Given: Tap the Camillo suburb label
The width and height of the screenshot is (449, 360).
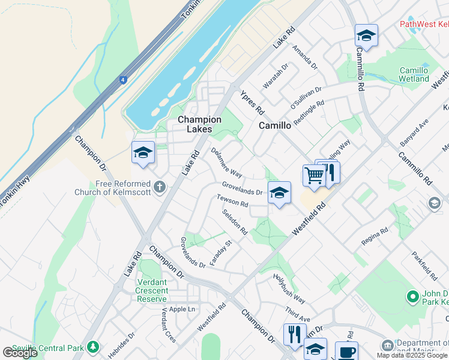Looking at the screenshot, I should pyautogui.click(x=275, y=125).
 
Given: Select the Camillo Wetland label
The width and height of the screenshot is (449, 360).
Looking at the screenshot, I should pyautogui.click(x=414, y=74).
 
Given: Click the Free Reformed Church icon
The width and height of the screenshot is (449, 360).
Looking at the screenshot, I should pyautogui.click(x=160, y=187).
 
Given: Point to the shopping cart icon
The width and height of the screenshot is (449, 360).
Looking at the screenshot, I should pyautogui.click(x=314, y=176).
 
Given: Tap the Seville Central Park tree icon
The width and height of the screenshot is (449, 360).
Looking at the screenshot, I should pyautogui.click(x=92, y=347).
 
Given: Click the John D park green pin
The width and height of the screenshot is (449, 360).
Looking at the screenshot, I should pyautogui.click(x=412, y=296).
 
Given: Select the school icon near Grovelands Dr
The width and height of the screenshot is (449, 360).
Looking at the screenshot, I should pyautogui.click(x=279, y=193).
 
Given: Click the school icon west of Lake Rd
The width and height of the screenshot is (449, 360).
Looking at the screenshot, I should pyautogui.click(x=143, y=153).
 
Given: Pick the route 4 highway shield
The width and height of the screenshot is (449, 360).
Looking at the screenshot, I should pyautogui.click(x=122, y=79).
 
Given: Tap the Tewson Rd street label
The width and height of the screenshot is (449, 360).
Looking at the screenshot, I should pyautogui.click(x=232, y=201).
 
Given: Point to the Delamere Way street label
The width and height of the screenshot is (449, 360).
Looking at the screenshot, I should pyautogui.click(x=226, y=163).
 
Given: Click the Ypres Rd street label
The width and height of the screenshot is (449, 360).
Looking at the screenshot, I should pyautogui.click(x=252, y=103).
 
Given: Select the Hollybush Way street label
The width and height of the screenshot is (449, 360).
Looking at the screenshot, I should pyautogui.click(x=289, y=289).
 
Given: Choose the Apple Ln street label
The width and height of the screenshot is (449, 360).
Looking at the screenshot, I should pyautogui.click(x=182, y=309).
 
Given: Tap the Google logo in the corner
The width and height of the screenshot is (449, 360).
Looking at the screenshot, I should pyautogui.click(x=20, y=352).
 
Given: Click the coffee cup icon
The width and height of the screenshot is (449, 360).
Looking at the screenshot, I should pyautogui.click(x=346, y=351).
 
